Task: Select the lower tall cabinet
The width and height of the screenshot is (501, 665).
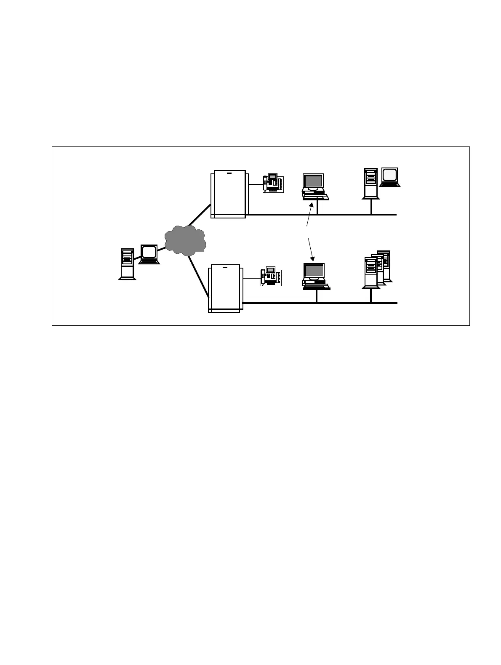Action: (x=225, y=288)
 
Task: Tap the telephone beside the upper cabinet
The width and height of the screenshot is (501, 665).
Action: (x=273, y=184)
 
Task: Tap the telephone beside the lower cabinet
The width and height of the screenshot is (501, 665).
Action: (x=271, y=277)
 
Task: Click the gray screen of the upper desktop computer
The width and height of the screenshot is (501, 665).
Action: (x=313, y=181)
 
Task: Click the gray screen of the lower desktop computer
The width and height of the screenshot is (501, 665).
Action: (x=314, y=270)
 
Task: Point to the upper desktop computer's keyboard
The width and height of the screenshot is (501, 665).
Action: (x=316, y=197)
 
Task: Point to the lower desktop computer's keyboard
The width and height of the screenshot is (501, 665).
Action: (x=317, y=287)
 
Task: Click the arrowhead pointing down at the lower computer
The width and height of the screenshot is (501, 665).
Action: (x=312, y=258)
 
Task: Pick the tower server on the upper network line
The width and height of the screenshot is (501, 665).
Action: (x=371, y=183)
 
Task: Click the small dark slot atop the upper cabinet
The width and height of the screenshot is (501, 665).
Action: (x=229, y=173)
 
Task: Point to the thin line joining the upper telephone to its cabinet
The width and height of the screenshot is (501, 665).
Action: (x=256, y=184)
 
